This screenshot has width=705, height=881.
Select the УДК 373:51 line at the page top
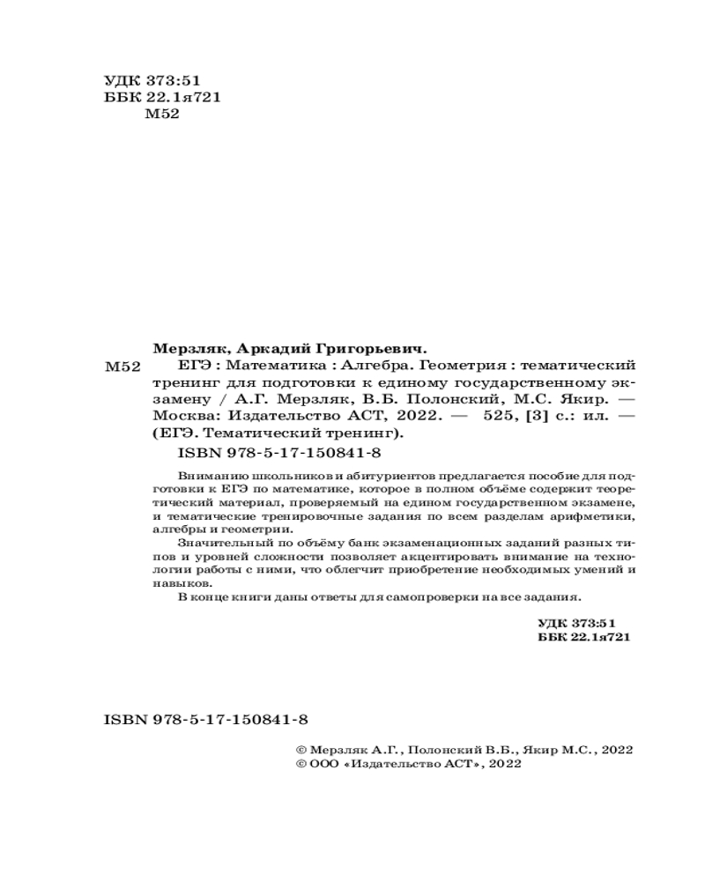[x=140, y=80]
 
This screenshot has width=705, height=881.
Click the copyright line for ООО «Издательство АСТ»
[x=410, y=765]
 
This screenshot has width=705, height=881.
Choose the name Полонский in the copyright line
[x=443, y=749]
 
